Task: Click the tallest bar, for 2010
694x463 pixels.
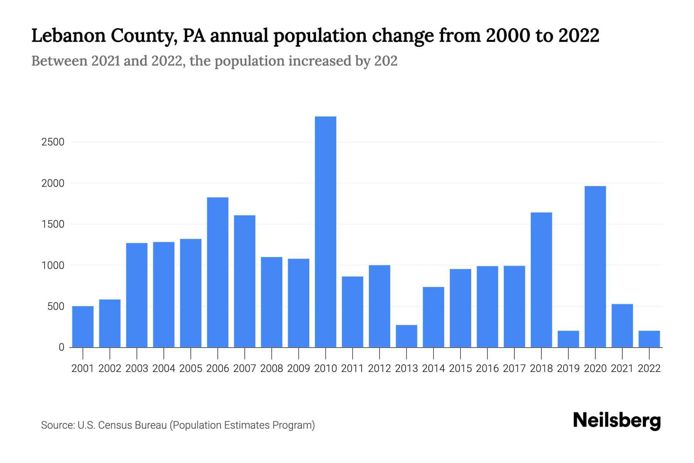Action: pyautogui.click(x=325, y=231)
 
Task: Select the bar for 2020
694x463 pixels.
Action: pyautogui.click(x=595, y=266)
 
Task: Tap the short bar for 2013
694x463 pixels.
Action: pyautogui.click(x=406, y=336)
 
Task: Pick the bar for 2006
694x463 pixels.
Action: pyautogui.click(x=217, y=272)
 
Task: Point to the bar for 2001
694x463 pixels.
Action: pyautogui.click(x=83, y=326)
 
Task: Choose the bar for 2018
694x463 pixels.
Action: pyautogui.click(x=541, y=280)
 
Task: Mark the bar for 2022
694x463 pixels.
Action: pyautogui.click(x=649, y=339)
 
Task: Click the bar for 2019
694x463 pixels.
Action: pyautogui.click(x=568, y=339)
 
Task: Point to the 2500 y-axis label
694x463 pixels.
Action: pyautogui.click(x=53, y=142)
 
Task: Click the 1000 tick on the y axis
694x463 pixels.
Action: pyautogui.click(x=53, y=265)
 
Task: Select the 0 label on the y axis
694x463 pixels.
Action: pyautogui.click(x=61, y=347)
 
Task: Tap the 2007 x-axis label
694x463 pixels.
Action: pyautogui.click(x=244, y=368)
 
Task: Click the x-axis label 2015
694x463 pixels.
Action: pyautogui.click(x=460, y=368)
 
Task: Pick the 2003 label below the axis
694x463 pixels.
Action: pyautogui.click(x=137, y=368)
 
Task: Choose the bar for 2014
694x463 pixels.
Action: pyautogui.click(x=433, y=317)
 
